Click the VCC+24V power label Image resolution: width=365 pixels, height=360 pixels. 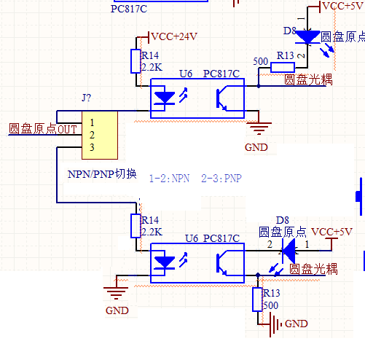174,36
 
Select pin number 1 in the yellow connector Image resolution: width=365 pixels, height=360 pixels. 92,122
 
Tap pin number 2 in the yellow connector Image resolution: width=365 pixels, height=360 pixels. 92,135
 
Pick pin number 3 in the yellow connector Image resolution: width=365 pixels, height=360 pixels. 92,147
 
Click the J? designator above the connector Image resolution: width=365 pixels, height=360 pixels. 86,98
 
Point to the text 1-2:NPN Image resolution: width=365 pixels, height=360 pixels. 169,179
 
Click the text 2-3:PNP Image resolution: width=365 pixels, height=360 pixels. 221,179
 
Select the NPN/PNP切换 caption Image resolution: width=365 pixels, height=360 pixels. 102,174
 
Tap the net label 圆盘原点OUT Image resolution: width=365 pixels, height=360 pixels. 43,129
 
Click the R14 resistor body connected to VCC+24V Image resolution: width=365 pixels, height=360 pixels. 136,61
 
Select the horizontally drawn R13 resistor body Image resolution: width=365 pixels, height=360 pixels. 283,67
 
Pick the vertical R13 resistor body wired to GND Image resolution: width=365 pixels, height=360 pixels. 257,300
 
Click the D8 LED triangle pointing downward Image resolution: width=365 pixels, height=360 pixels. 307,37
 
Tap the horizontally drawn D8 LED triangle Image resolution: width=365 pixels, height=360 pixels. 289,251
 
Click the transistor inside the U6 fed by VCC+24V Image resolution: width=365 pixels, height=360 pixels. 221,98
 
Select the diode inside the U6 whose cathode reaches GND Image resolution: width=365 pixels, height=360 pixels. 165,263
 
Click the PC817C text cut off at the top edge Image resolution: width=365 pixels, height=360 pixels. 129,9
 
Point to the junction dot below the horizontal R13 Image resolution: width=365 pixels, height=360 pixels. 259,86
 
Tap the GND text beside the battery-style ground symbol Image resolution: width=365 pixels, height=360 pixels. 297,324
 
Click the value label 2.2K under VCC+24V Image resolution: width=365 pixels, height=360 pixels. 152,67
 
